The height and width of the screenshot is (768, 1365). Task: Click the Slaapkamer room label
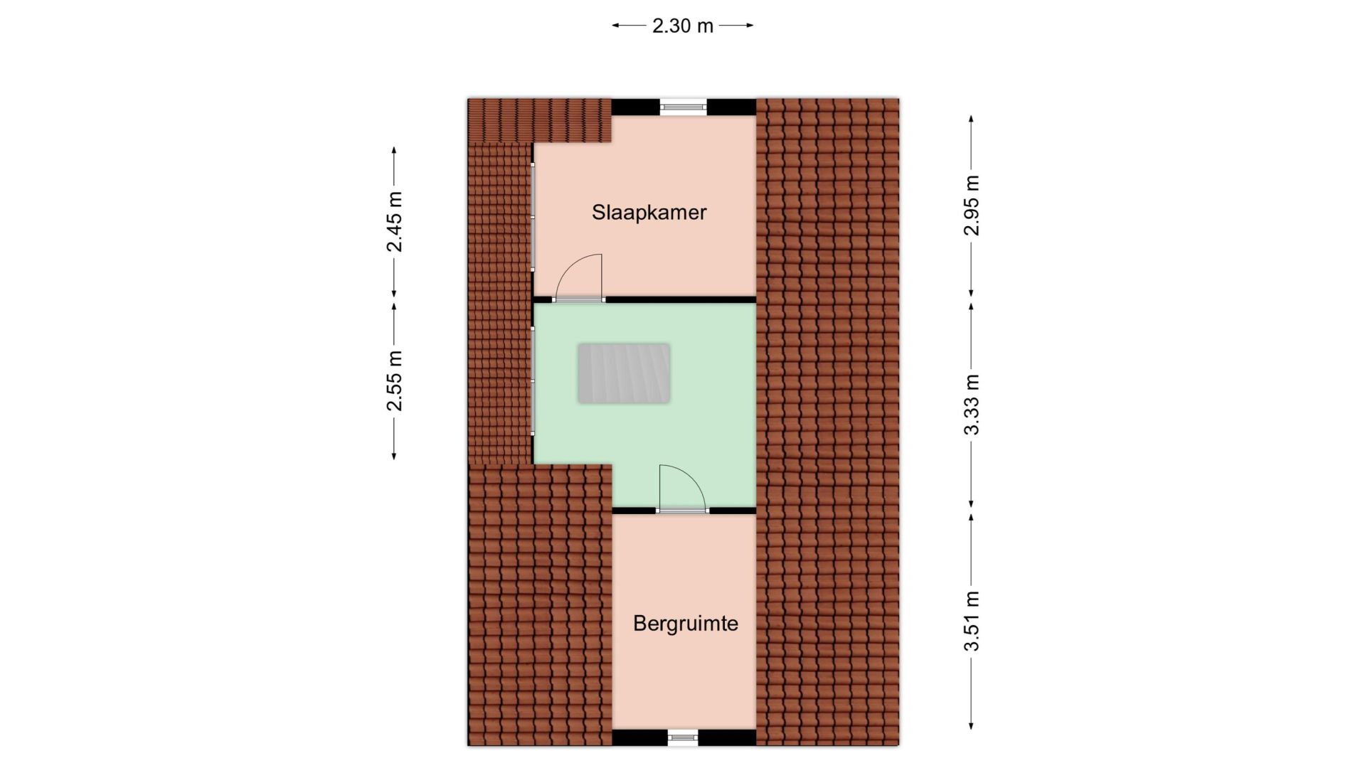[649, 213]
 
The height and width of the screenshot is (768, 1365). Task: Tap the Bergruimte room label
[685, 624]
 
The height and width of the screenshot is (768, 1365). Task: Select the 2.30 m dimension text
[682, 26]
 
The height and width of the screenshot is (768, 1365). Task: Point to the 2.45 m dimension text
[394, 222]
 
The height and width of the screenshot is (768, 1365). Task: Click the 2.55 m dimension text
[394, 381]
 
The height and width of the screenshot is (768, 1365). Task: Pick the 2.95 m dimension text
[972, 206]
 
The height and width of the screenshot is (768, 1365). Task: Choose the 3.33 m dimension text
[972, 405]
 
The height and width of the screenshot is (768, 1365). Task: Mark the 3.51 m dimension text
[972, 621]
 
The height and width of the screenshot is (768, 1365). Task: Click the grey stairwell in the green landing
[624, 373]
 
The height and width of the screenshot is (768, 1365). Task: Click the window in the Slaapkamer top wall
[683, 107]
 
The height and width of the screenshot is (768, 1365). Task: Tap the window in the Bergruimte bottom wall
[683, 738]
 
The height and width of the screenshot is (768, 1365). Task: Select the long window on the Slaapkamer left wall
[533, 216]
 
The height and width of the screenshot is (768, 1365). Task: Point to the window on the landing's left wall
[533, 380]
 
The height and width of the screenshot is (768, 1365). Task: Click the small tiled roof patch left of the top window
[539, 120]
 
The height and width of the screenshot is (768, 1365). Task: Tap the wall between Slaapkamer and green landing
[680, 299]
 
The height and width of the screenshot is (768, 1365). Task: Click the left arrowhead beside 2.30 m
[617, 26]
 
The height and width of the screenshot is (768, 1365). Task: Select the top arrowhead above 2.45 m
[394, 151]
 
